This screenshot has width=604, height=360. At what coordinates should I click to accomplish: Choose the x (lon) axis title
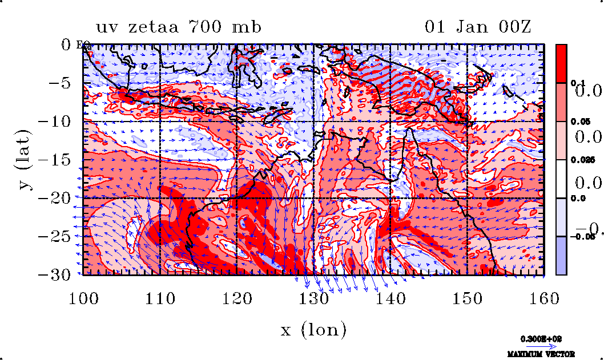(x=313, y=330)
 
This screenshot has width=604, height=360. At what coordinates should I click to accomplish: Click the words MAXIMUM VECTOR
(x=541, y=354)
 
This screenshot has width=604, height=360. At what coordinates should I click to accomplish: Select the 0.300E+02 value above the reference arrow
(x=540, y=338)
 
